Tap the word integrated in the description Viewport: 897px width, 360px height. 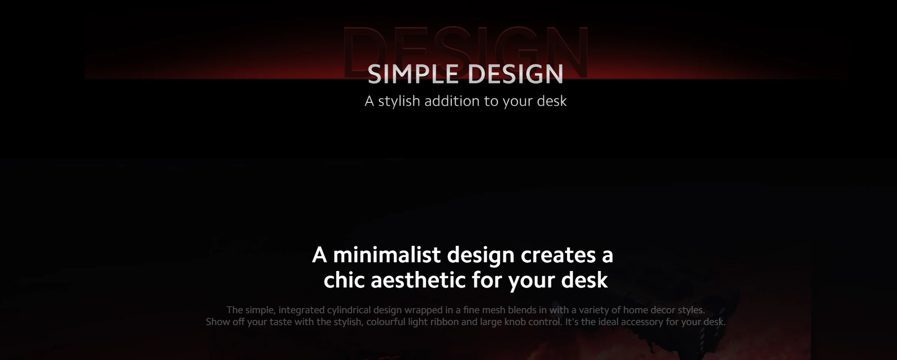click(x=301, y=310)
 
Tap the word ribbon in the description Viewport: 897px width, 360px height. click(x=446, y=322)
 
